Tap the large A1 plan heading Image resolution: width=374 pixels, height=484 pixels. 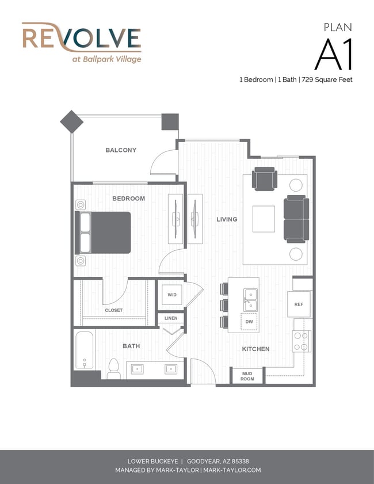click(334, 55)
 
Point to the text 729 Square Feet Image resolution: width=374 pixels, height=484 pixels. click(327, 79)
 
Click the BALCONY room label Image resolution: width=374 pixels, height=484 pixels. click(121, 150)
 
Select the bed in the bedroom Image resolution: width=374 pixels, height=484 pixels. click(103, 233)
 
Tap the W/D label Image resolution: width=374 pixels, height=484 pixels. click(172, 295)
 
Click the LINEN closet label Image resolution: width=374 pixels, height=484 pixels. click(171, 318)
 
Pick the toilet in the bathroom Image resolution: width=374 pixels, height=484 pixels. click(113, 368)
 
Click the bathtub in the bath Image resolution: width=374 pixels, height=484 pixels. click(84, 350)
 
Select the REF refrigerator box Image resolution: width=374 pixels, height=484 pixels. click(299, 304)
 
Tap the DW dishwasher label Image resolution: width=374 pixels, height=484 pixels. click(249, 321)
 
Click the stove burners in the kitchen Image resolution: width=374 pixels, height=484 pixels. click(302, 341)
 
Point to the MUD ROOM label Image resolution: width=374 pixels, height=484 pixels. click(247, 376)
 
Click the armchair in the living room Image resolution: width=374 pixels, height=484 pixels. click(265, 179)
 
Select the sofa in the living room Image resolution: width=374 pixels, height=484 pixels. click(296, 219)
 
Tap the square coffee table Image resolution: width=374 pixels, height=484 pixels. click(264, 219)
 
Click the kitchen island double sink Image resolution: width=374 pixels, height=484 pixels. click(250, 300)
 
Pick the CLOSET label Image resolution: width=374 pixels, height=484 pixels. click(113, 310)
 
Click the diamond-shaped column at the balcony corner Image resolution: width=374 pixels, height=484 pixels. click(71, 121)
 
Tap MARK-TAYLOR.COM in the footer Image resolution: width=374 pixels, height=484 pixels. click(232, 470)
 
